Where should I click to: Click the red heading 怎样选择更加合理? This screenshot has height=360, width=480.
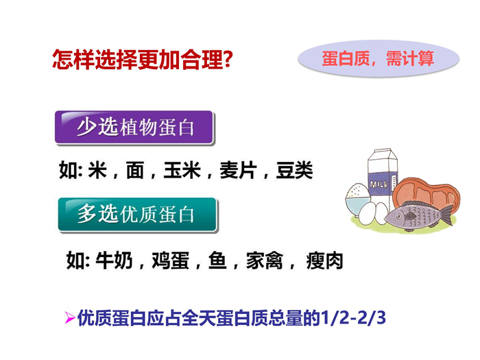coord(143,60)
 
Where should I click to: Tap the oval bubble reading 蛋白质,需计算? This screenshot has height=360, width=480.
coord(379,58)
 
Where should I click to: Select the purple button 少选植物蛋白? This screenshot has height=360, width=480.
coord(134,128)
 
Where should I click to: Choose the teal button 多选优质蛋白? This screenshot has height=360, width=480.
coord(137,215)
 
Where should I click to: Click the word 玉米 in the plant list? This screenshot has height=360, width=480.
coord(182,170)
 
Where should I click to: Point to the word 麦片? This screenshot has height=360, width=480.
coord(238,170)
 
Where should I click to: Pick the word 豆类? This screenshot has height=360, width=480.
coord(294,170)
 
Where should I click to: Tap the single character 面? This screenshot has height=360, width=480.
coord(135,170)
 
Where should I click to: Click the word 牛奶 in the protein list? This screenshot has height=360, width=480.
coord(115,261)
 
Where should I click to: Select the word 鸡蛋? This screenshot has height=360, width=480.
coord(171,261)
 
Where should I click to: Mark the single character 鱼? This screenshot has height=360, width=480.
coord(217,261)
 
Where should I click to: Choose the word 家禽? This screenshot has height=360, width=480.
coord(265,261)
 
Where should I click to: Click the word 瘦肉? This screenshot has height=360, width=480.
coord(324,261)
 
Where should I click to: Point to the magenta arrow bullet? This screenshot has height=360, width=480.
coord(70,317)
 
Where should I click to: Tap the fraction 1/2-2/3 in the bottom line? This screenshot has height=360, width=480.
coord(353,317)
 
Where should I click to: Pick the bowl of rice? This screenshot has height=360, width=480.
coord(357,199)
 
